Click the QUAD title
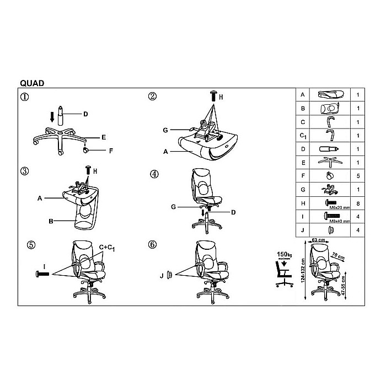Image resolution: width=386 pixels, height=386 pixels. point(33,83)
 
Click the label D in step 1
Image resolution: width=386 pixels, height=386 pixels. point(85,115)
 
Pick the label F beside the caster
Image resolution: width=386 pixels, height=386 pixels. point(111,150)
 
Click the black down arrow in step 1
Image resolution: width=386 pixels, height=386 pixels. point(52,116)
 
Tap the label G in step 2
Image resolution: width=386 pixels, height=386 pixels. point(165,130)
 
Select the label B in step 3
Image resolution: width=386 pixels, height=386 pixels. point(50,222)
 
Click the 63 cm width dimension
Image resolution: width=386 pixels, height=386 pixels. point(317,240)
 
